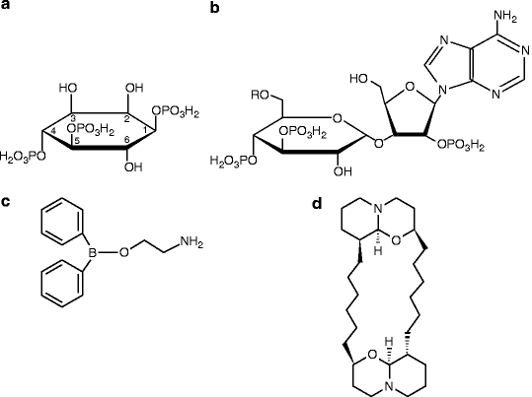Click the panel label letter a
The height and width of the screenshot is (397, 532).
click(x=6, y=5)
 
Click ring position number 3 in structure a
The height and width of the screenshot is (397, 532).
click(x=73, y=119)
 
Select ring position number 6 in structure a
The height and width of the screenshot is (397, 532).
click(x=127, y=140)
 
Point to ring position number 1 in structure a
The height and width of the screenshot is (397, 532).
click(x=145, y=129)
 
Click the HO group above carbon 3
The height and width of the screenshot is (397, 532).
click(x=68, y=88)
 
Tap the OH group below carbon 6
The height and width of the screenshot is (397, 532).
click(x=133, y=166)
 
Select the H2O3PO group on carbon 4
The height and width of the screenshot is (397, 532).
click(x=23, y=157)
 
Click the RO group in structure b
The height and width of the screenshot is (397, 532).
click(x=261, y=95)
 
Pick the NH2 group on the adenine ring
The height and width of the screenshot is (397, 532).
click(x=505, y=16)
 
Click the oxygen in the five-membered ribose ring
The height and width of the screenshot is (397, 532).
click(x=410, y=87)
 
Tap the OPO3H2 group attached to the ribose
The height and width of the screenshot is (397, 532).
click(x=461, y=146)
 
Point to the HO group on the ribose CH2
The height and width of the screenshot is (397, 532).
click(x=359, y=79)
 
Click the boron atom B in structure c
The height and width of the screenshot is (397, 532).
click(x=92, y=252)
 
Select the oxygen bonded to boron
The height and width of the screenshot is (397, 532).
click(x=124, y=252)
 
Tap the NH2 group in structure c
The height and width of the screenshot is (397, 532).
click(x=191, y=242)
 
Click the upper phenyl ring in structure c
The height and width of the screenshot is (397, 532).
click(x=62, y=222)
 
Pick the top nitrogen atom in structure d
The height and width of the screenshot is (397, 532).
click(x=379, y=209)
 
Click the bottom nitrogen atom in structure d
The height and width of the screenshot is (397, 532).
click(x=389, y=386)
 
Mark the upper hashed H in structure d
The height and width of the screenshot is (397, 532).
click(x=379, y=251)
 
